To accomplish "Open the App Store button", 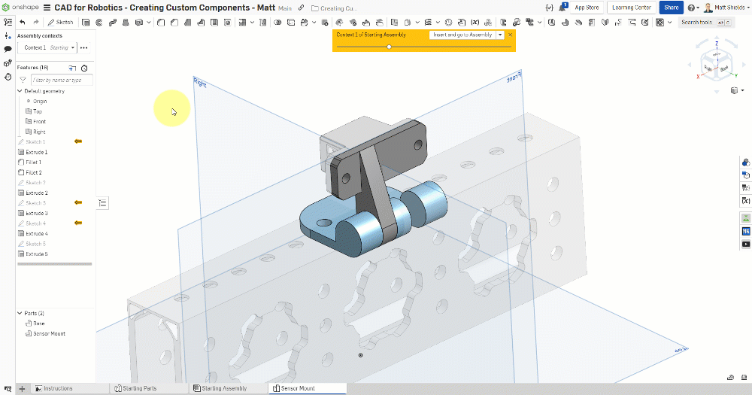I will [587, 8].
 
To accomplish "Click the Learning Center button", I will [632, 8].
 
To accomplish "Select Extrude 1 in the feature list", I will [37, 152].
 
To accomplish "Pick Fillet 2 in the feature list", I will [34, 172].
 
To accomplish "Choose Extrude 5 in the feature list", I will [37, 254].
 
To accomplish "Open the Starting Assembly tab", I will [224, 388].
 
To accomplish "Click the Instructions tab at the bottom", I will [58, 388].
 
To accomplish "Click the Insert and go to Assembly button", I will [462, 35].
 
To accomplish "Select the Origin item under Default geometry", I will [39, 101].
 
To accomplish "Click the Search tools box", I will [696, 22].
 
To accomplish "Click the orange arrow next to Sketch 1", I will [77, 141].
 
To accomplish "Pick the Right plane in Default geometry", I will [39, 132].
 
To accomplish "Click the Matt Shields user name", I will [729, 8].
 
